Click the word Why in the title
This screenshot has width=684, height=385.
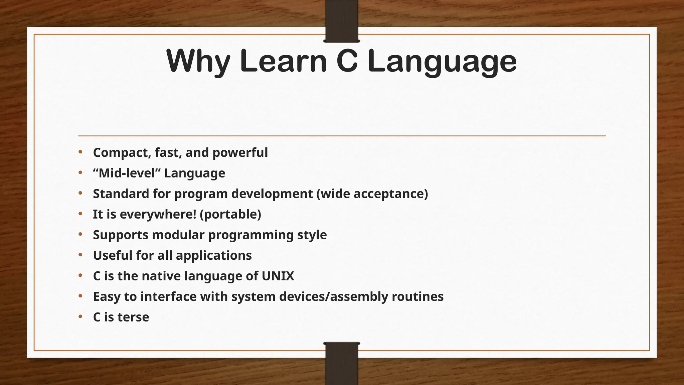[198, 61]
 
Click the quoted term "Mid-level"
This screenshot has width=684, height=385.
[127, 173]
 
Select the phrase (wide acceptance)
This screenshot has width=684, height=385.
[372, 194]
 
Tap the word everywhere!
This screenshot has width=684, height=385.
[158, 214]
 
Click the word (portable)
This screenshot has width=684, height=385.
[230, 214]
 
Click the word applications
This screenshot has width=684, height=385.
[213, 255]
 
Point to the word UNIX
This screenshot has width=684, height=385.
[278, 276]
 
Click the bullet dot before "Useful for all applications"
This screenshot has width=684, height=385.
[80, 255]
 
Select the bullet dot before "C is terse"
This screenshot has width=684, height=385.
[80, 317]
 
